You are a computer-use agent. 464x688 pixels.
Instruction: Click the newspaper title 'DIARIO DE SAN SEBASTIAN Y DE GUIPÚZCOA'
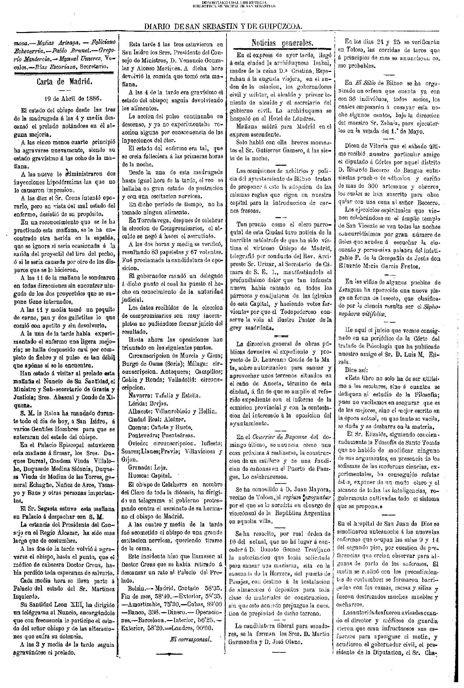coord(223,27)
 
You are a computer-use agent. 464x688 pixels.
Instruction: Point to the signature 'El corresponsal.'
coord(191,639)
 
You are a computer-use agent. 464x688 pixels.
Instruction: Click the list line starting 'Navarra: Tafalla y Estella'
coord(165,395)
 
